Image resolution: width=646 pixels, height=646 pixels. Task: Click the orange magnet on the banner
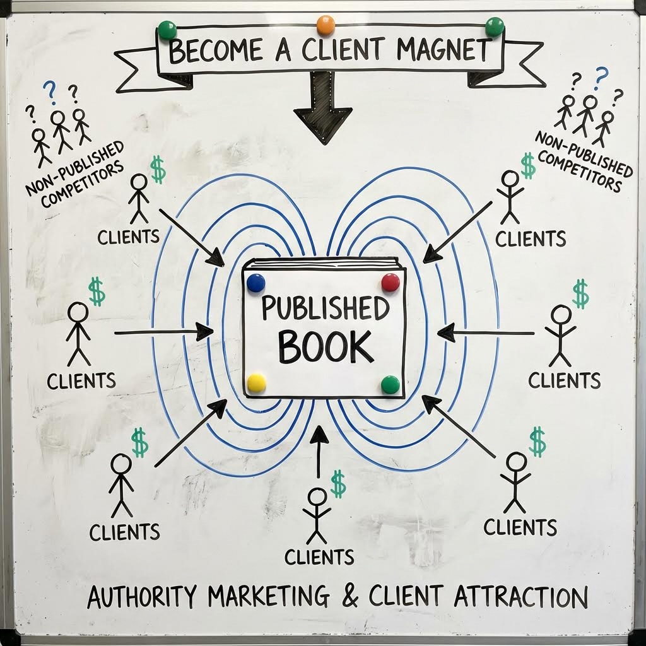tap(326, 25)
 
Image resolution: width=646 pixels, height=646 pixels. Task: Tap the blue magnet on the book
tap(255, 283)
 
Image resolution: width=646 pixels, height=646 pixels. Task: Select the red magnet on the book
tap(390, 282)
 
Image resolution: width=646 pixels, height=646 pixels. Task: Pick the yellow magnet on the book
tap(256, 383)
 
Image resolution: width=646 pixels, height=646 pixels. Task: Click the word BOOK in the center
tap(326, 347)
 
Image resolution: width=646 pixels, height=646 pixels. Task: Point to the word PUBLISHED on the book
tap(325, 308)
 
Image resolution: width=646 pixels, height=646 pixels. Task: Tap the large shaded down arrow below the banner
tap(322, 107)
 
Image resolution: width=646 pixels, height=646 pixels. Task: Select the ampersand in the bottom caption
tap(349, 597)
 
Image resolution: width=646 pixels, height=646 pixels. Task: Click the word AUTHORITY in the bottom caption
tap(142, 597)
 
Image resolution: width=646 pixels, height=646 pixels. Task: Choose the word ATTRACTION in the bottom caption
tap(520, 597)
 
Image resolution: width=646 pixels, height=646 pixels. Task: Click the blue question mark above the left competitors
tap(50, 92)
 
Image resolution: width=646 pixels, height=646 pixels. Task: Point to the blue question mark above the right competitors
tap(601, 78)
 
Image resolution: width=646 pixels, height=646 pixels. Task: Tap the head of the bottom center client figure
tap(317, 496)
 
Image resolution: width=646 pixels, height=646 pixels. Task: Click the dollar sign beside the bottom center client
tap(338, 484)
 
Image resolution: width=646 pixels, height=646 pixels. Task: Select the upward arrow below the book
tap(319, 452)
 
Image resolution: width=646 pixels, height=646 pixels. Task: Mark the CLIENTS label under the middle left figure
tap(81, 381)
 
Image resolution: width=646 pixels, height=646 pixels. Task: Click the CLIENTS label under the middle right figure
tap(564, 380)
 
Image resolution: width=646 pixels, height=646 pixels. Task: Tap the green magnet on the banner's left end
tap(167, 30)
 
